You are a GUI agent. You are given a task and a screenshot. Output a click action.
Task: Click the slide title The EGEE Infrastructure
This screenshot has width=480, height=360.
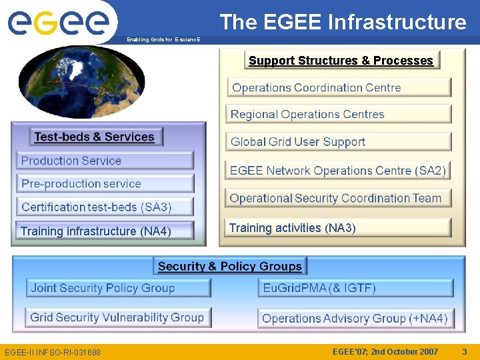[343, 22]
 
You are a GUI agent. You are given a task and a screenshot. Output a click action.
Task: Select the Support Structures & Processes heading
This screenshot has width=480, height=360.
[341, 61]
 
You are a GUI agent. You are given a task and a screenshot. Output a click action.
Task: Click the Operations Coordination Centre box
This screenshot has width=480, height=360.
[339, 87]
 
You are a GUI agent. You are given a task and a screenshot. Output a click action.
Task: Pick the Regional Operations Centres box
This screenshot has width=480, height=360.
[339, 114]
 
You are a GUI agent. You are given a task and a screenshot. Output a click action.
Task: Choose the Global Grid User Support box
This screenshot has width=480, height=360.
[339, 141]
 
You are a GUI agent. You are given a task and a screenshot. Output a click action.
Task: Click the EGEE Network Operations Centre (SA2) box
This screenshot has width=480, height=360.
[339, 170]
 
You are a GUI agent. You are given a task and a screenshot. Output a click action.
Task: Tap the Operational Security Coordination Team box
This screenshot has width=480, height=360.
[339, 198]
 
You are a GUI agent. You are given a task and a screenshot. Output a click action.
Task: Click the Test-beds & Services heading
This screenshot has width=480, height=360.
[95, 137]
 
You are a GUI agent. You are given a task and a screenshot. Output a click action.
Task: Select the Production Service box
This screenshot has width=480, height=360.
[105, 161]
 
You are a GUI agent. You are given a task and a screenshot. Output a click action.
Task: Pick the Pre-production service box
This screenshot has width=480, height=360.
[105, 183]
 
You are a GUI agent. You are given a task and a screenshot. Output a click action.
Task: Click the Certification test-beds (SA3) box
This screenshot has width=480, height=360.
[105, 207]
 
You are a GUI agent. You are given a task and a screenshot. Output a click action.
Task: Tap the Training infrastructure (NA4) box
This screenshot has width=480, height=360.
[105, 231]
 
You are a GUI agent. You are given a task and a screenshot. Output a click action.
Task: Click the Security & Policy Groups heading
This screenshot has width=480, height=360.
[230, 266]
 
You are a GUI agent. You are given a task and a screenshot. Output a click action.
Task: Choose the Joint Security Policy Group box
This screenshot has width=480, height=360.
[119, 288]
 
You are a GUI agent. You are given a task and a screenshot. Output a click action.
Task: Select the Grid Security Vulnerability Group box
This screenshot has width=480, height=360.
[119, 317]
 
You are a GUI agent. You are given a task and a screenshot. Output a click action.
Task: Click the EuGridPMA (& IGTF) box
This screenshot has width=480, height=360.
[355, 288]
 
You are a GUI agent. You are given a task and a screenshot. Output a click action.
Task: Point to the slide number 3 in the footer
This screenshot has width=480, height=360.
[465, 351]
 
